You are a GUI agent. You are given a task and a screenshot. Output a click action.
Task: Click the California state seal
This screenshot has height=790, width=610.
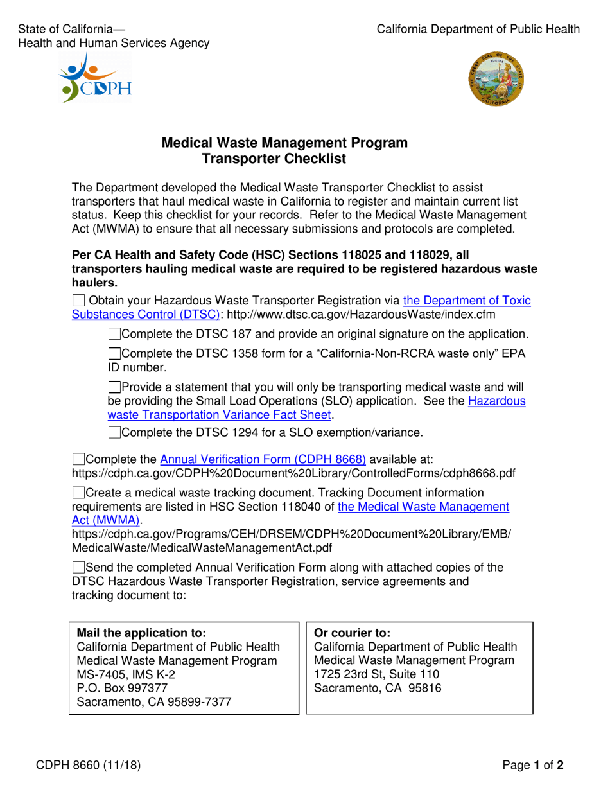coord(496,80)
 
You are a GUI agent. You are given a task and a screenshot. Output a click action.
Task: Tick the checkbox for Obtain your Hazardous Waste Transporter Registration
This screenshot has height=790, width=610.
coord(78,300)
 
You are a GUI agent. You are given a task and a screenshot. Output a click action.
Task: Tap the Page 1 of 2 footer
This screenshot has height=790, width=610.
coord(533,765)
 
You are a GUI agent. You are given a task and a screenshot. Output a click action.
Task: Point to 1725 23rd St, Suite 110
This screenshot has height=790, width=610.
coord(376,674)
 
